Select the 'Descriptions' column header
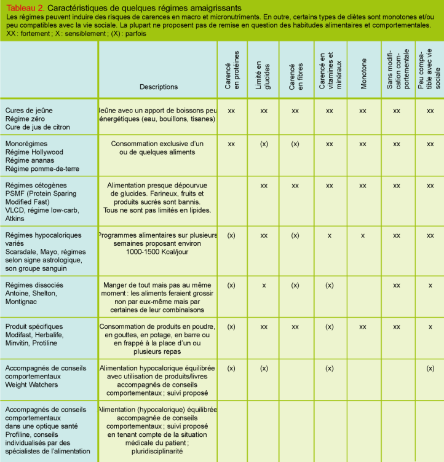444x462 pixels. coord(159,87)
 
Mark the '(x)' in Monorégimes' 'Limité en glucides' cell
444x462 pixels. coord(264,144)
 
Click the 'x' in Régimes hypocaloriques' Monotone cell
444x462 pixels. coord(363,235)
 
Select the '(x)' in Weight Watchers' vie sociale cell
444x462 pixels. coord(430,369)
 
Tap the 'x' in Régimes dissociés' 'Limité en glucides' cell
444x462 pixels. coord(264,285)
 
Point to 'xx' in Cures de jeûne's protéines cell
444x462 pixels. coord(232,111)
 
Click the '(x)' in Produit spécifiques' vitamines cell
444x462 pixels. coord(330,326)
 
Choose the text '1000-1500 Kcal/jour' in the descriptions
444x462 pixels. coord(159,252)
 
